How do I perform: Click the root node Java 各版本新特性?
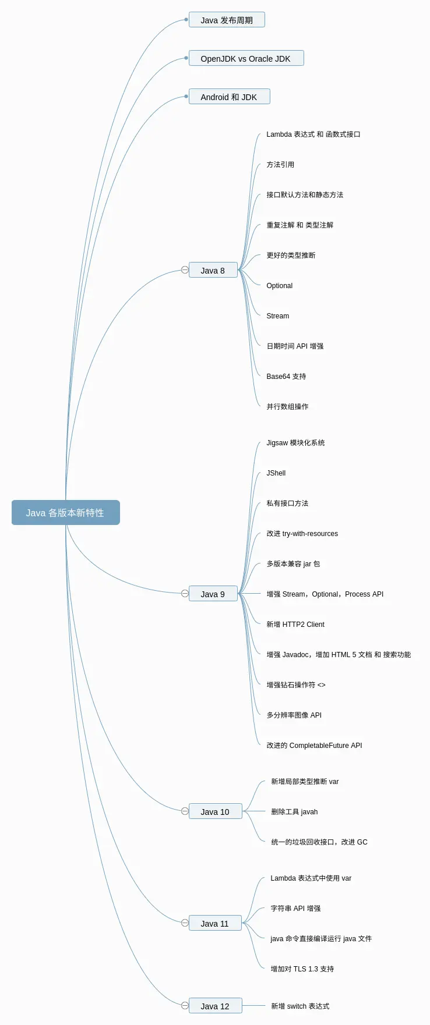click(65, 513)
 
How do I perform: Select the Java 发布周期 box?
click(227, 20)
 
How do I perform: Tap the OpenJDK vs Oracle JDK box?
click(246, 58)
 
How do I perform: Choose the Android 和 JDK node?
click(229, 97)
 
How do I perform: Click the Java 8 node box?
click(213, 270)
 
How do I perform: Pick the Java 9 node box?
click(213, 594)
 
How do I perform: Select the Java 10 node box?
click(215, 811)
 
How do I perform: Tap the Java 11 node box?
click(215, 923)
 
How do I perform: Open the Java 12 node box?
click(215, 1006)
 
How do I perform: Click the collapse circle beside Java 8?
click(185, 270)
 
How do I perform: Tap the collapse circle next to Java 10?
click(185, 811)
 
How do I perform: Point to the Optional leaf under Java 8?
click(280, 286)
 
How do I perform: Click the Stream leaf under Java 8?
click(278, 316)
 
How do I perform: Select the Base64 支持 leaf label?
click(286, 377)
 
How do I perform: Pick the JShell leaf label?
click(276, 473)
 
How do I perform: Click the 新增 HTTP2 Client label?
click(295, 625)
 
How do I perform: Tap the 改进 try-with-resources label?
click(302, 534)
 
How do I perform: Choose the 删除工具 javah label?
click(294, 812)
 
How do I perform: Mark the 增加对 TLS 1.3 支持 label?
click(302, 969)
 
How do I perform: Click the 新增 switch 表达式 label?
click(300, 1006)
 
